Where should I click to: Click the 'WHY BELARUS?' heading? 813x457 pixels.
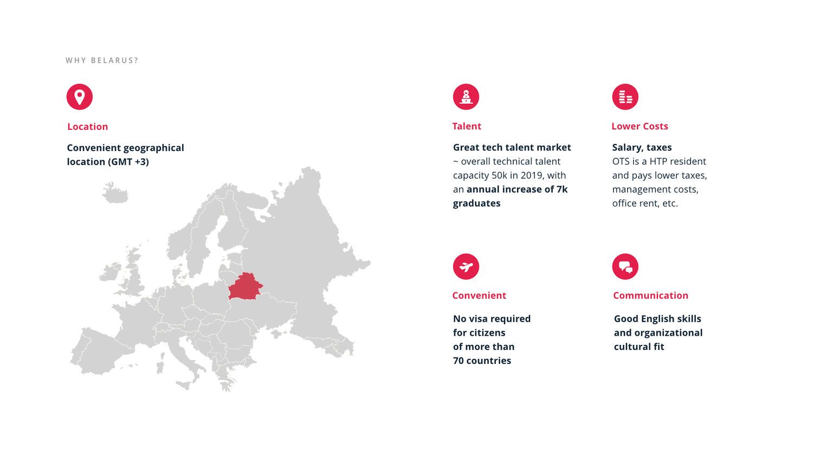(102, 60)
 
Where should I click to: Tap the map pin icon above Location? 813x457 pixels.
(80, 97)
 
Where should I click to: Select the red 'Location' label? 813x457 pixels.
(87, 127)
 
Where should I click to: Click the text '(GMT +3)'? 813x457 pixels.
(128, 162)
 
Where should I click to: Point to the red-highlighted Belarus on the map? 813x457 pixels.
(245, 287)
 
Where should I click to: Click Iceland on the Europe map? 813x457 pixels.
(115, 193)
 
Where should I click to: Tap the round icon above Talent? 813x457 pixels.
(466, 97)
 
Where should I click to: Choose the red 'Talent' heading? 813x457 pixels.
(467, 126)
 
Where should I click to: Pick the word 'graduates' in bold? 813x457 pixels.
(476, 204)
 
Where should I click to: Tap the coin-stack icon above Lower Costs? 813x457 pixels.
(625, 97)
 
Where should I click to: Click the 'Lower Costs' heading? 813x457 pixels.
(640, 126)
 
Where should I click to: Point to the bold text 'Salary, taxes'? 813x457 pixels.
(642, 148)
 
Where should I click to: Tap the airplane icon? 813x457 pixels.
(466, 266)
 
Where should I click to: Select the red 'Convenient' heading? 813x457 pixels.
(479, 296)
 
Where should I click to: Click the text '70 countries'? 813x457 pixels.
(482, 361)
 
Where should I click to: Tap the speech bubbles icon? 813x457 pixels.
(625, 266)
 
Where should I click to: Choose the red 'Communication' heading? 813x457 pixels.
(651, 296)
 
